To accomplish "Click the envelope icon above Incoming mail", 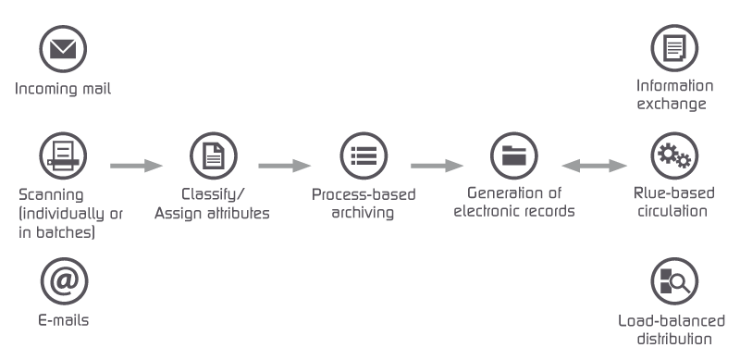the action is pyautogui.click(x=63, y=48).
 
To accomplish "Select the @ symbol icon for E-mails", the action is pyautogui.click(x=63, y=280).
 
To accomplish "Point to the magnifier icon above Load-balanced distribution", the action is pyautogui.click(x=674, y=280).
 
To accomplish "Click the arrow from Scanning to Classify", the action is pyautogui.click(x=137, y=166).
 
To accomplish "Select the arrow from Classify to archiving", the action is pyautogui.click(x=285, y=166).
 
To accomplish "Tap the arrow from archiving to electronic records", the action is pyautogui.click(x=437, y=166).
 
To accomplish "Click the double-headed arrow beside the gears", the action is pyautogui.click(x=595, y=166).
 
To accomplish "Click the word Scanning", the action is pyautogui.click(x=51, y=195).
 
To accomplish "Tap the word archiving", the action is pyautogui.click(x=363, y=213).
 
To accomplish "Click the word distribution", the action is pyautogui.click(x=674, y=339).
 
